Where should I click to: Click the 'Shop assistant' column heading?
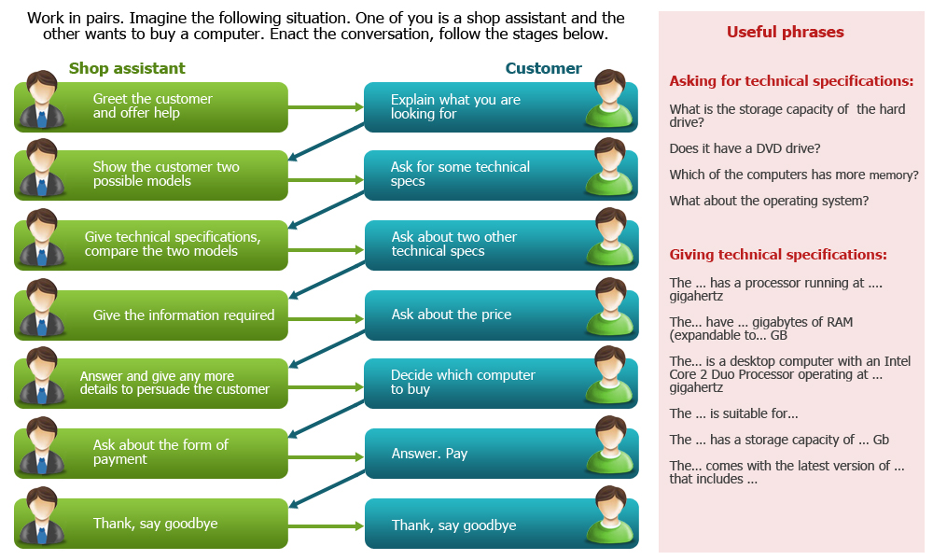(x=127, y=68)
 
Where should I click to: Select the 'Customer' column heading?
(x=543, y=68)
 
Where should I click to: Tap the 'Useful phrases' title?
(x=785, y=32)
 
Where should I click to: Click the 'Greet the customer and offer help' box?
(x=151, y=107)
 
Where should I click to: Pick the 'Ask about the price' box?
(x=501, y=315)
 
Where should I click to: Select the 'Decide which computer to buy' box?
(x=501, y=384)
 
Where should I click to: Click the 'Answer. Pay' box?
(x=501, y=454)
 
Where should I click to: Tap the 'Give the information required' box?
(x=151, y=315)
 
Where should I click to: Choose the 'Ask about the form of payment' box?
(x=151, y=454)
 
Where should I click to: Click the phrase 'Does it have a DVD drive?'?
(x=745, y=148)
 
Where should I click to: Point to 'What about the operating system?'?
(x=769, y=202)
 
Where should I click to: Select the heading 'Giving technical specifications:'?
(x=778, y=255)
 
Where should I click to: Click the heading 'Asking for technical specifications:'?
(x=791, y=81)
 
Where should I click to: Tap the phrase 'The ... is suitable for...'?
(x=733, y=413)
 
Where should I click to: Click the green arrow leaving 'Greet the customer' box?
(x=326, y=107)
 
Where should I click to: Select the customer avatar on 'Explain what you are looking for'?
(x=609, y=99)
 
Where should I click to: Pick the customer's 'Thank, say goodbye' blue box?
(x=501, y=524)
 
